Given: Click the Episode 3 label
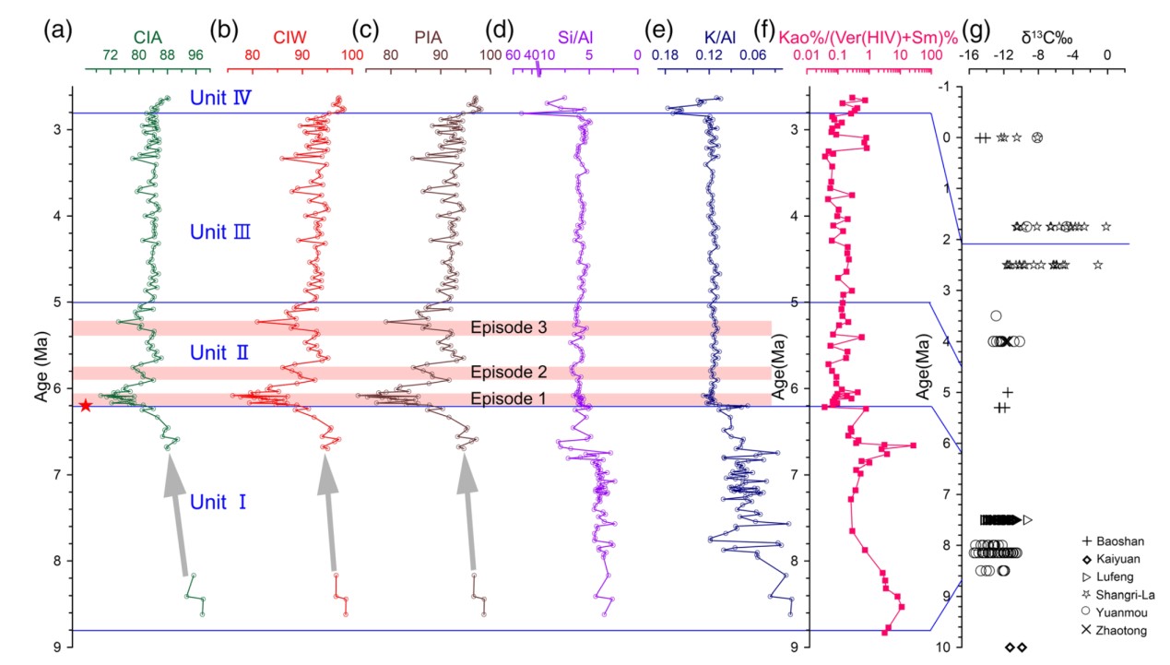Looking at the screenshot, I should click(x=508, y=327).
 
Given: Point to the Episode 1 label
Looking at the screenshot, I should click(x=508, y=398).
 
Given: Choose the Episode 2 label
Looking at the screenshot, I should click(x=508, y=373).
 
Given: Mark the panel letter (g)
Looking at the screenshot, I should click(x=975, y=30).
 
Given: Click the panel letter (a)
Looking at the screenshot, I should click(x=57, y=30).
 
